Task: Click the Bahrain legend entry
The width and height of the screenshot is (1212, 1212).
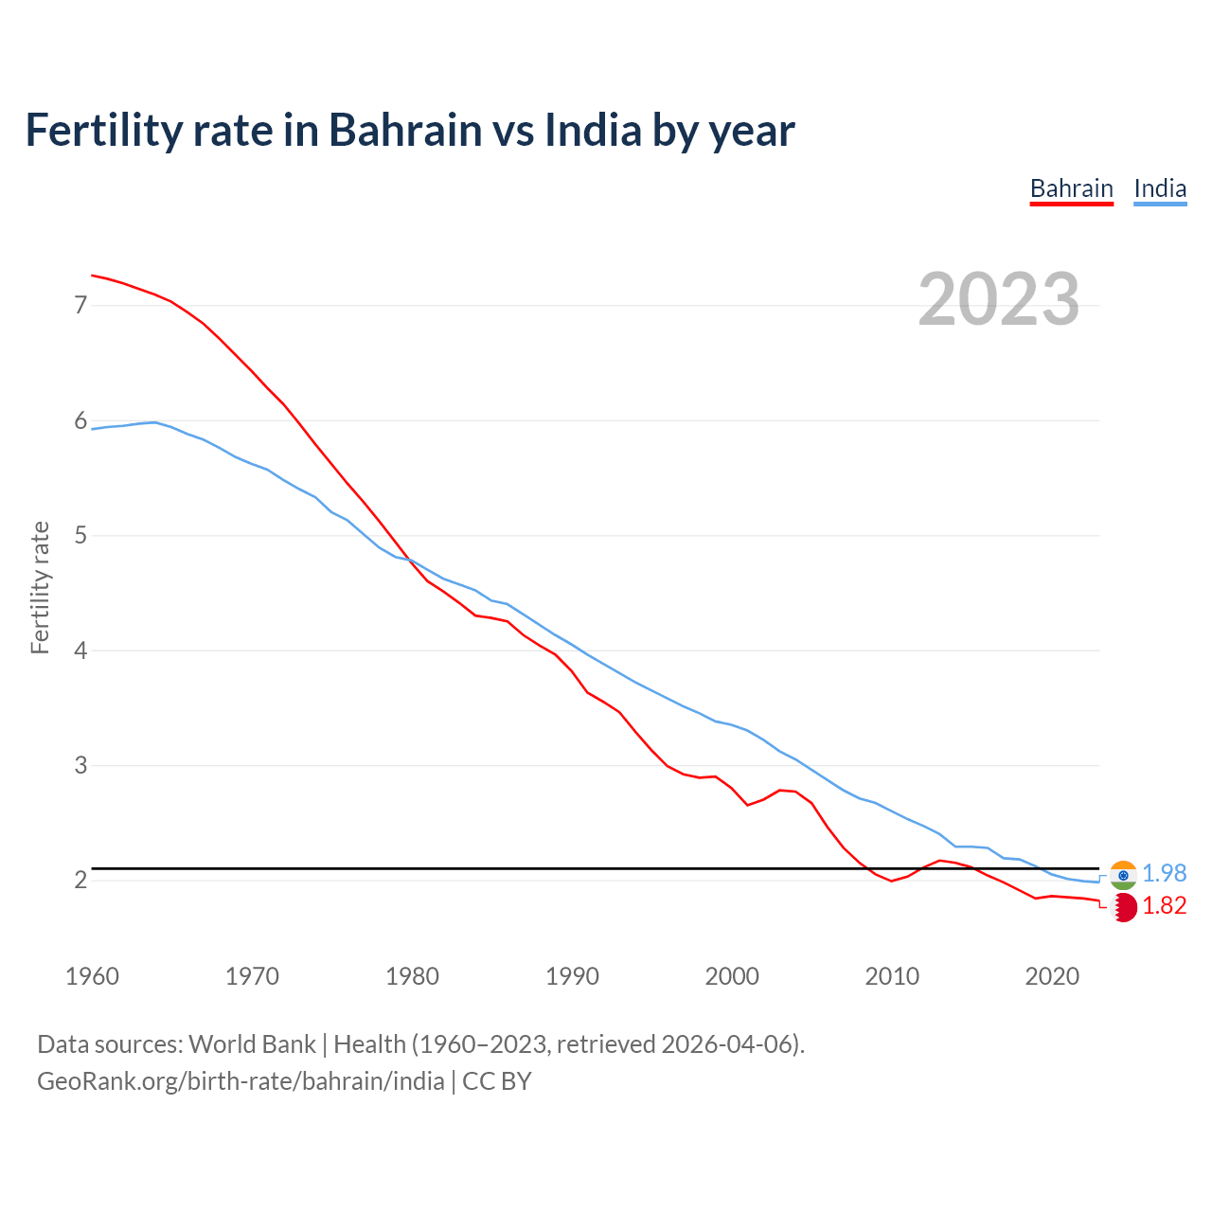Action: click(1071, 188)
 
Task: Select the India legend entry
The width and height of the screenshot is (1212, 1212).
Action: click(1160, 188)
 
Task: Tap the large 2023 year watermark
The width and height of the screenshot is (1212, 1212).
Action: click(998, 299)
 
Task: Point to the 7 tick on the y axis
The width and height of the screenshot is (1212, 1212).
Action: click(80, 305)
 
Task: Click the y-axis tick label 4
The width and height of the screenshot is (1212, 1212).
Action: click(80, 651)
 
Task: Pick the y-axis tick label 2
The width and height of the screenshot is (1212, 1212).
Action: click(80, 881)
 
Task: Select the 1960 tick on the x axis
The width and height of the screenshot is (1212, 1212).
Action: click(92, 976)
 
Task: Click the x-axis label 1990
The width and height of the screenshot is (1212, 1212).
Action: click(572, 976)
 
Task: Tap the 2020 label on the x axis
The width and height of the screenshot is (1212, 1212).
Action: click(1052, 976)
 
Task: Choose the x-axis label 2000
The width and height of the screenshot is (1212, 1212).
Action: click(732, 976)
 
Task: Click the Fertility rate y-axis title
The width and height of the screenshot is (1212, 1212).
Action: click(40, 587)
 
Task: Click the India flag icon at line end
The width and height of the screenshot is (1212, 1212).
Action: click(1123, 874)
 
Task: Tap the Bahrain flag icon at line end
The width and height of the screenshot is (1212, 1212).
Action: click(1123, 907)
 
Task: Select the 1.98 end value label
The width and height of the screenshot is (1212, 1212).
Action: click(1164, 873)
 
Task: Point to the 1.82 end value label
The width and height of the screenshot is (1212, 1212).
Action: click(1164, 906)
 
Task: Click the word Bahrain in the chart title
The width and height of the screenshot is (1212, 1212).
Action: click(405, 130)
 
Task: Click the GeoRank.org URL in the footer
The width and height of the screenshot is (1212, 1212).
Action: click(241, 1081)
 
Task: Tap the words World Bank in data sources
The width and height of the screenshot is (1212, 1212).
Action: click(252, 1044)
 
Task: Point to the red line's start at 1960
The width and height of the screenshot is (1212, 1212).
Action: click(92, 275)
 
